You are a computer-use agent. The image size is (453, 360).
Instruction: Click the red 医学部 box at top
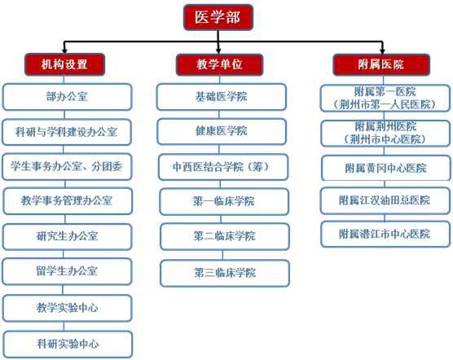click(218, 17)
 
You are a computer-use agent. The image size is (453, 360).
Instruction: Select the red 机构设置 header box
click(64, 64)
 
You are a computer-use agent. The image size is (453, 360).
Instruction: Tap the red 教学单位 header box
click(219, 64)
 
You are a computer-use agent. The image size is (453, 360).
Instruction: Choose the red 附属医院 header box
click(381, 64)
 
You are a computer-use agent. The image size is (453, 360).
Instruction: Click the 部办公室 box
click(67, 97)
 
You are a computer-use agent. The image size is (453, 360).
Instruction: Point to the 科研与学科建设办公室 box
click(67, 132)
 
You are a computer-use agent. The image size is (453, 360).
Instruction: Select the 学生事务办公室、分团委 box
click(67, 167)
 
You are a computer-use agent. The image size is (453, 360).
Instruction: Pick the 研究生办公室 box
click(67, 237)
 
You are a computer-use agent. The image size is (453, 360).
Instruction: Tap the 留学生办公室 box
click(67, 271)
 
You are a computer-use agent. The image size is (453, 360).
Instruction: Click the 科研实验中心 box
click(68, 345)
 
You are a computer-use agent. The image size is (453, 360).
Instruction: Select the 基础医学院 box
click(222, 97)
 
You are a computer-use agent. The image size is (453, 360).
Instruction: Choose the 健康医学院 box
click(222, 131)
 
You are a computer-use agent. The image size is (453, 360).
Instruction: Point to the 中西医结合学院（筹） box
click(223, 167)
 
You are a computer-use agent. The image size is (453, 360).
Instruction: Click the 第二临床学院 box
click(225, 236)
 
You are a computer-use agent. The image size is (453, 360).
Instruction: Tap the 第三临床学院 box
click(225, 273)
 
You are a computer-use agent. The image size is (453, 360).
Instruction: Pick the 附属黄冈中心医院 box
click(386, 168)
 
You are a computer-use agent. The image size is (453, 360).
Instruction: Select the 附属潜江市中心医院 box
click(385, 234)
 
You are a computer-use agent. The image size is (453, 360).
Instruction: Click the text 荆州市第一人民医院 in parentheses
click(385, 104)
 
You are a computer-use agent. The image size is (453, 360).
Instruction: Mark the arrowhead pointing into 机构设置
click(64, 51)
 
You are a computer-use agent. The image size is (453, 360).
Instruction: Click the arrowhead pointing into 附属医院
click(382, 51)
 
